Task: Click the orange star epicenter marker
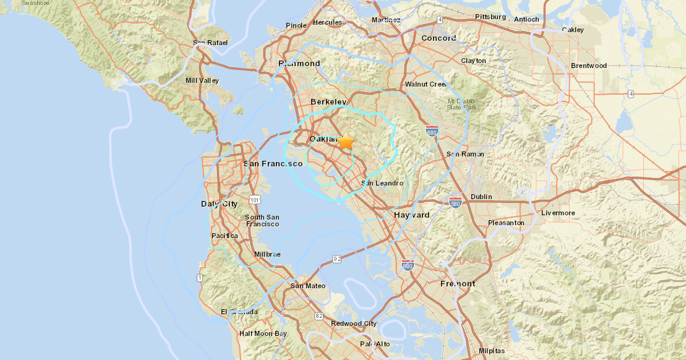point(345,142)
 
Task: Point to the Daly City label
point(219,204)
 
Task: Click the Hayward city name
point(411,215)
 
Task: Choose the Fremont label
point(457,283)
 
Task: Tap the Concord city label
point(438,38)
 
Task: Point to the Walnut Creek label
point(426,84)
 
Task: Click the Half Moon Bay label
point(263,333)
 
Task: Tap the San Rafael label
point(210,43)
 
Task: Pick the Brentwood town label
point(588,66)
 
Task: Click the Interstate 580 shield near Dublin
point(455,203)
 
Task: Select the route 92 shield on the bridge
point(337,259)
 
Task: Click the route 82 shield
point(319,316)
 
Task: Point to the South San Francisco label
point(262,220)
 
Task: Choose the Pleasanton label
point(505,223)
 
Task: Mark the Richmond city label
point(299,63)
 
